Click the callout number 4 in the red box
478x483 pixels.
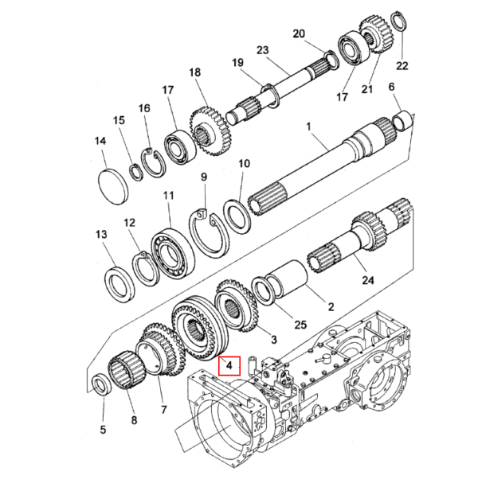point(229,366)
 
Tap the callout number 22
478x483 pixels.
point(402,65)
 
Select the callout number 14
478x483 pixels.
point(100,141)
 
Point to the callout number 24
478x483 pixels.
point(367,280)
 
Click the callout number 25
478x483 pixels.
point(300,325)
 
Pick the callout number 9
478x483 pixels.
point(204,177)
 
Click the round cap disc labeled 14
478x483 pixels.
point(113,185)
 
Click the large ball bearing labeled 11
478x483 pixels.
point(173,251)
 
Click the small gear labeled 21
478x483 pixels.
point(375,36)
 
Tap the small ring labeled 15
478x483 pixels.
point(135,172)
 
